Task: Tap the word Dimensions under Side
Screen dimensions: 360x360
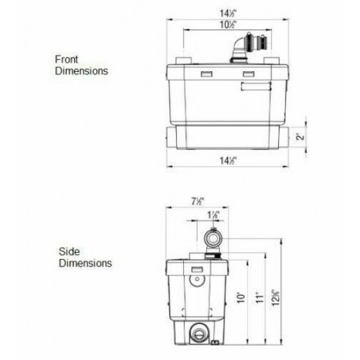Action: (x=85, y=263)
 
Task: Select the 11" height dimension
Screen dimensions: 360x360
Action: (x=261, y=297)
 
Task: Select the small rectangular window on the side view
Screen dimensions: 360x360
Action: (x=198, y=268)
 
